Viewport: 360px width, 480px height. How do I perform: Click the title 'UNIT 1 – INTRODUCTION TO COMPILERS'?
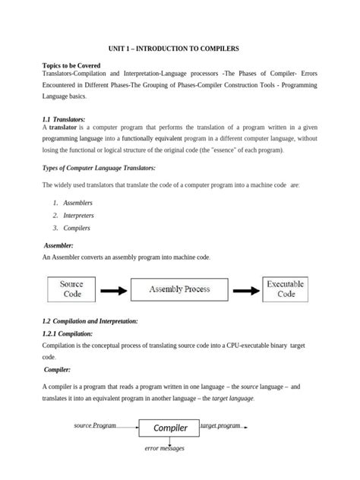click(x=179, y=49)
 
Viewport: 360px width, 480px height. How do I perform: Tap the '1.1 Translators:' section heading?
click(x=68, y=120)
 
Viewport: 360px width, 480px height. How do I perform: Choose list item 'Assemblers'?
click(x=78, y=203)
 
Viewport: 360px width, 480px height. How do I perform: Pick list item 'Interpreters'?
click(x=80, y=216)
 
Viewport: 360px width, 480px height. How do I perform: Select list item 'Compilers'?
click(x=77, y=228)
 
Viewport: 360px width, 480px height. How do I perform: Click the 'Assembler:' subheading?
click(x=58, y=246)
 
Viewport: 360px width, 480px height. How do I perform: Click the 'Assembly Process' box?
click(x=179, y=289)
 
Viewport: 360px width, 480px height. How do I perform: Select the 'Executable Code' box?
click(x=286, y=289)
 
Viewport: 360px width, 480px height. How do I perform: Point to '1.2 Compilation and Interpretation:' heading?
click(x=90, y=321)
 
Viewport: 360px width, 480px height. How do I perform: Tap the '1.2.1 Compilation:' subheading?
click(x=68, y=333)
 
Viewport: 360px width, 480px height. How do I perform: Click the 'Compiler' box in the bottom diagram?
click(x=170, y=428)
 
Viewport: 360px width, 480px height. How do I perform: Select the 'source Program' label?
click(x=95, y=426)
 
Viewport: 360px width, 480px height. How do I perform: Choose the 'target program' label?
click(x=219, y=426)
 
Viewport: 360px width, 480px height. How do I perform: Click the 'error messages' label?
click(x=165, y=448)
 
